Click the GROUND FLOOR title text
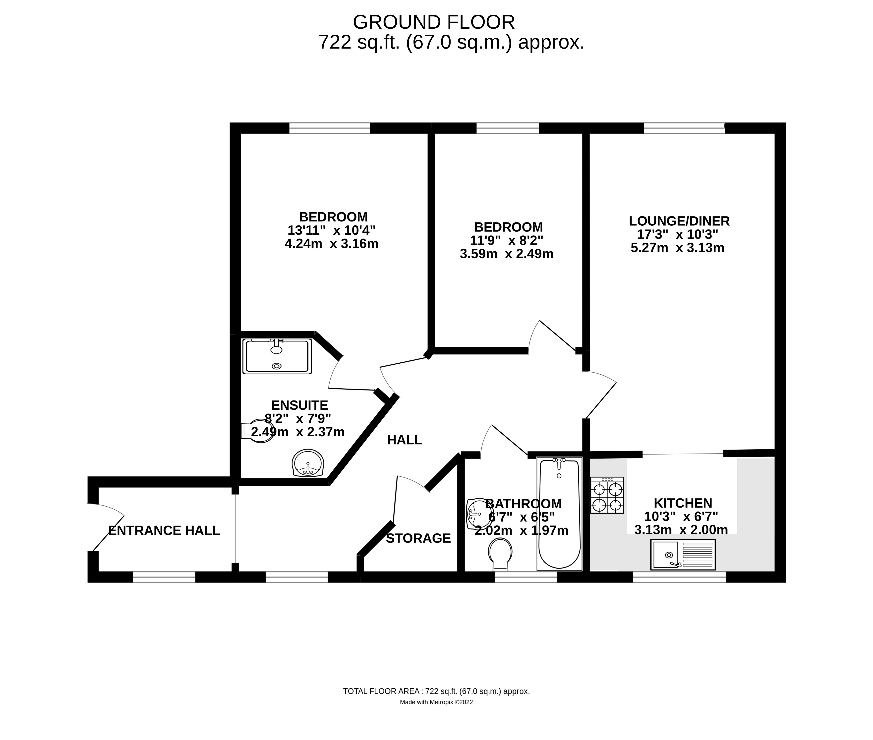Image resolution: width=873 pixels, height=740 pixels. [x=434, y=22]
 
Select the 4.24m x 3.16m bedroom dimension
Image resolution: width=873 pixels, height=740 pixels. [x=331, y=244]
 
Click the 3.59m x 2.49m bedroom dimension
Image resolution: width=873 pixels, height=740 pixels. [x=507, y=254]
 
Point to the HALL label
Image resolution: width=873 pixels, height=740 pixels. [x=404, y=440]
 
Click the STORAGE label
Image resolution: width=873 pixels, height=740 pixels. [x=418, y=538]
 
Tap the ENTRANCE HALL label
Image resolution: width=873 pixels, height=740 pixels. [x=164, y=531]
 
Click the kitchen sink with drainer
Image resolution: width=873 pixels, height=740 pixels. [x=683, y=555]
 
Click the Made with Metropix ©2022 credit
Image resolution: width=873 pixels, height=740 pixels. [x=436, y=702]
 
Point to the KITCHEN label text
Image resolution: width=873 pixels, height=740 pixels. [x=683, y=503]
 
